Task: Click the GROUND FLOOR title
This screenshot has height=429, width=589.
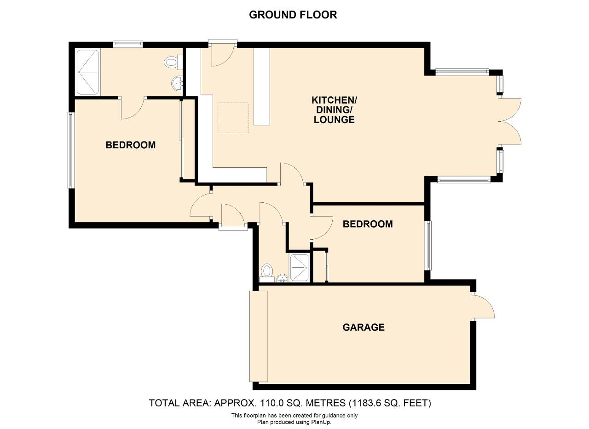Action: tap(293, 15)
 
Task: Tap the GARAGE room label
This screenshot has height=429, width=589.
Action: tap(364, 327)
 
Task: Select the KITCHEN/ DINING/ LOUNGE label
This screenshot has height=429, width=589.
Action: tap(334, 110)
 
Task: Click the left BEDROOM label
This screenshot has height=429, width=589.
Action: tap(130, 145)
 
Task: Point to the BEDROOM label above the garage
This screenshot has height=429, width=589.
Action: tap(368, 224)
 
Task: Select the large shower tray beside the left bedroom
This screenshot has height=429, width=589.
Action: tap(87, 72)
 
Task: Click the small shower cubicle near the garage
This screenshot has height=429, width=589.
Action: tap(299, 267)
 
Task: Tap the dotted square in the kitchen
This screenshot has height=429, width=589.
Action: tap(233, 118)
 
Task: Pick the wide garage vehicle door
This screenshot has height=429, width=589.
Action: tap(259, 336)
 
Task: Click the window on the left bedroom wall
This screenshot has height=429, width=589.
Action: tap(70, 150)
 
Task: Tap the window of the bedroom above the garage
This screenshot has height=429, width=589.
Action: tap(428, 246)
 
